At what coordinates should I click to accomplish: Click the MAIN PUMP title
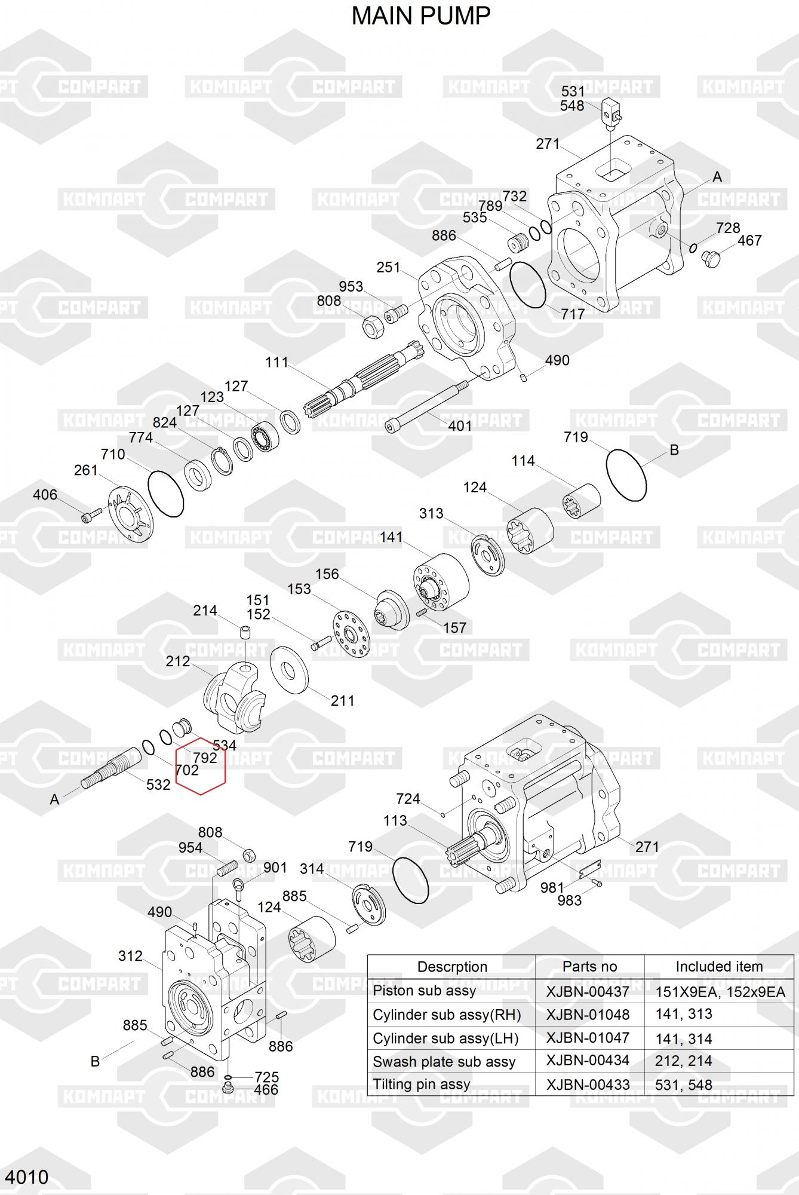420,16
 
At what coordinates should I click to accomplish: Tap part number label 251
388,267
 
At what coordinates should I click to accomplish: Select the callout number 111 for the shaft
276,362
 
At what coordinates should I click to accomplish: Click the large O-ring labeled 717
528,284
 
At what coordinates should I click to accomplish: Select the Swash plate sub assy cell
444,1062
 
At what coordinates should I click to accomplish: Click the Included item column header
719,967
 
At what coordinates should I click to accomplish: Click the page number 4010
27,1176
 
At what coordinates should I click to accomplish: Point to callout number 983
569,900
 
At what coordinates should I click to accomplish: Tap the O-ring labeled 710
165,494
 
